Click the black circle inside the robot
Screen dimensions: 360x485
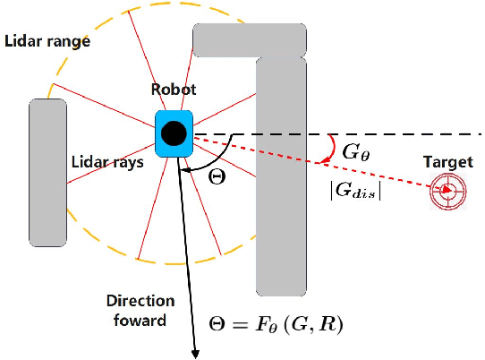tap(174, 134)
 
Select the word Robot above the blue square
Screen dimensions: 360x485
tap(174, 90)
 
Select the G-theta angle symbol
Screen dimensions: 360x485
tap(354, 151)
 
